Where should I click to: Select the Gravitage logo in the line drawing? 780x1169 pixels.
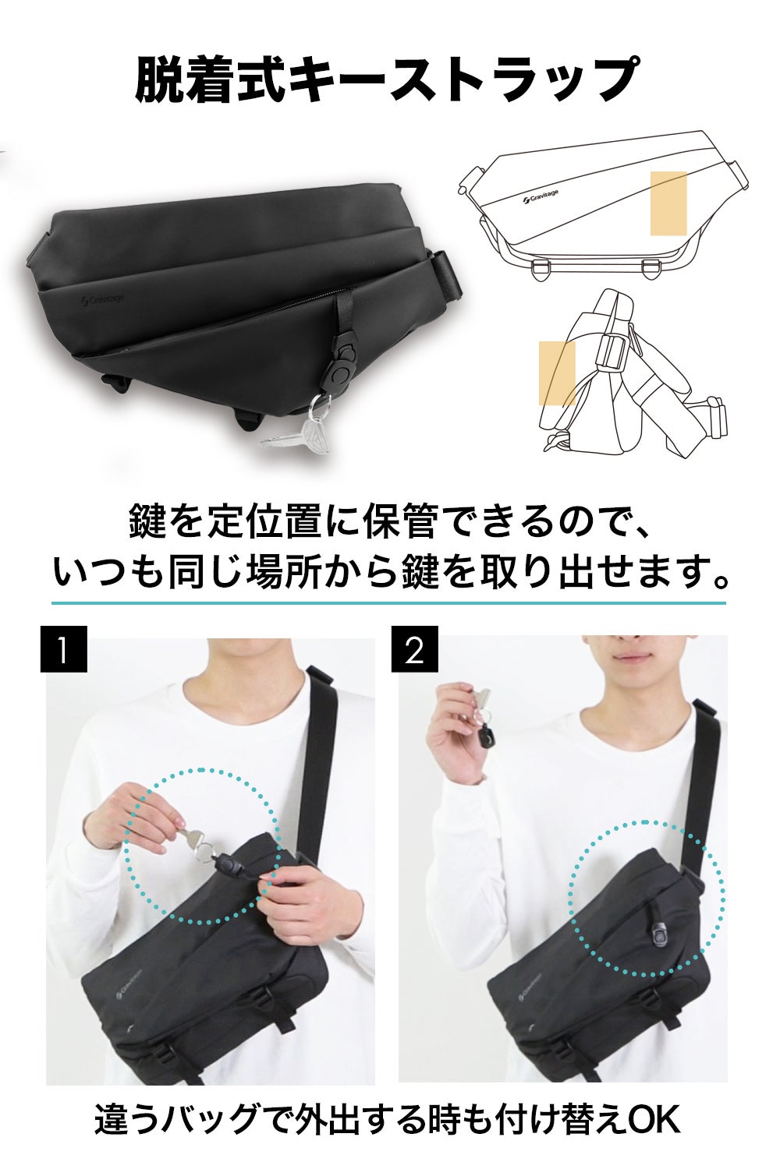[541, 196]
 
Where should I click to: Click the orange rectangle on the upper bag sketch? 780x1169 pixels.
[668, 203]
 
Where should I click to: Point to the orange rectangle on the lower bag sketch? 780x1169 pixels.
[557, 373]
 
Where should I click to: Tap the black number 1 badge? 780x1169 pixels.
[63, 648]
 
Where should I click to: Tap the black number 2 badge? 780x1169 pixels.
[415, 648]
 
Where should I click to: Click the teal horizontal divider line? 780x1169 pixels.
[388, 603]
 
